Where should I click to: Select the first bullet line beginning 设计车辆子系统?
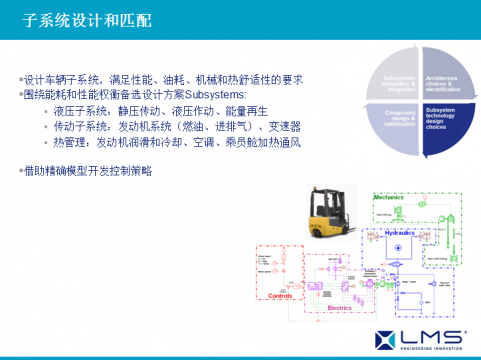click(x=160, y=79)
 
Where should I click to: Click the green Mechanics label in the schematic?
click(x=388, y=197)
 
